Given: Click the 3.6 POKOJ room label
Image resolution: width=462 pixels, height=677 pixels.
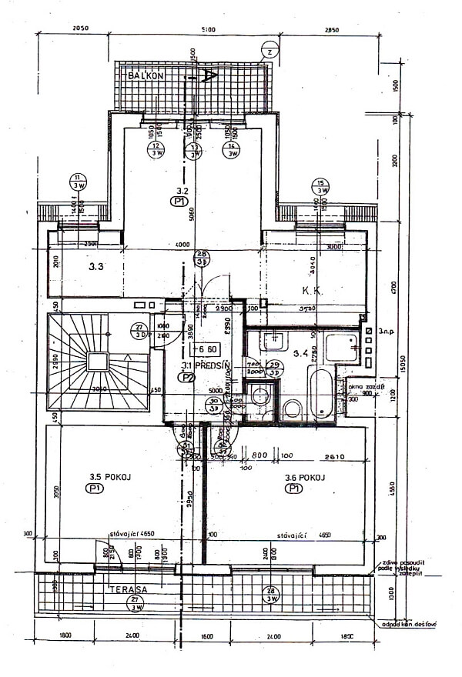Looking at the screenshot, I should (x=305, y=477).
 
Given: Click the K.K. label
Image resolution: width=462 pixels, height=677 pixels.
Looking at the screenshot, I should (x=312, y=291).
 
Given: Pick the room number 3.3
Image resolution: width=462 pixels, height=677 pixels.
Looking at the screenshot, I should (x=96, y=268).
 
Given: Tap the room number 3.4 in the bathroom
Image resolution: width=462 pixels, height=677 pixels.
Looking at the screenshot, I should (x=301, y=354).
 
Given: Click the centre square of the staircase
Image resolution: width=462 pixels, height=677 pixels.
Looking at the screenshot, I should (x=98, y=361).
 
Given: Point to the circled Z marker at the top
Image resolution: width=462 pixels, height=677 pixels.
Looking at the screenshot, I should (x=269, y=51).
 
